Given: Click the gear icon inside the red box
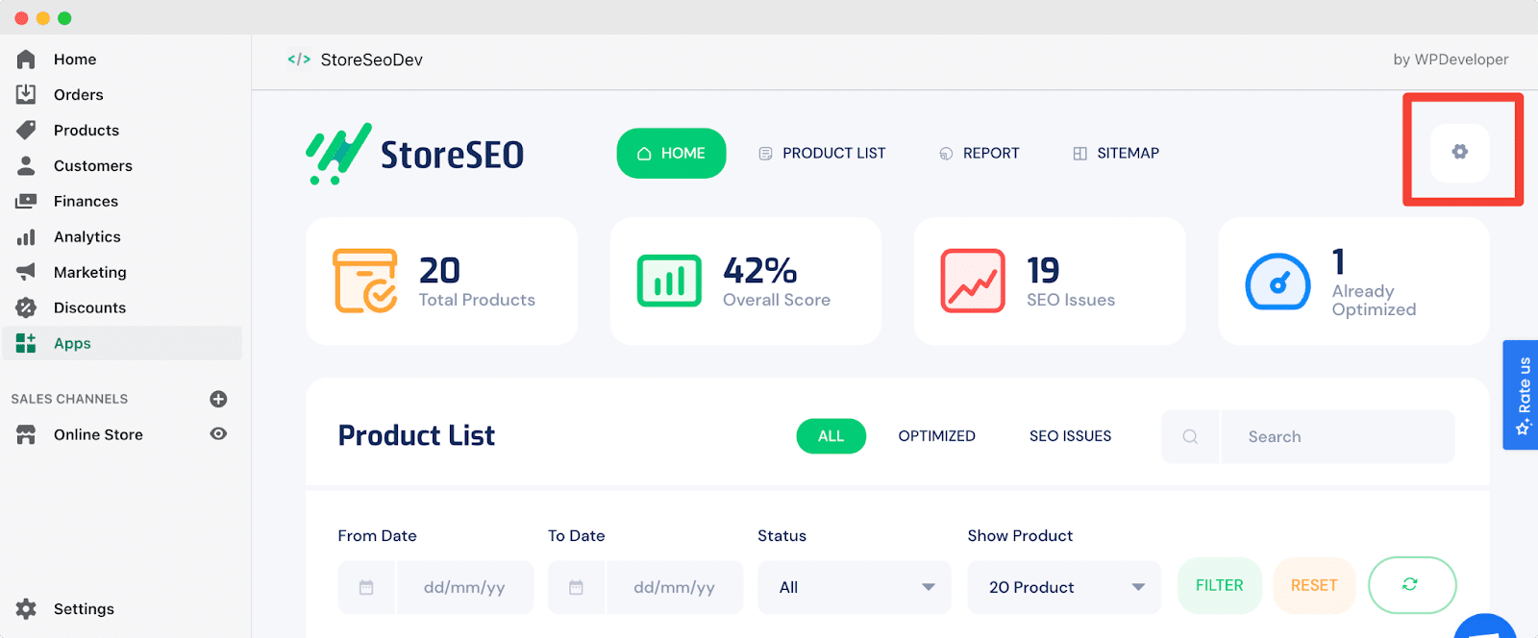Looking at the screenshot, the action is point(1460,152).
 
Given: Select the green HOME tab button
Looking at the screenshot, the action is point(671,153).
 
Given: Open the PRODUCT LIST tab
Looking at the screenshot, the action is point(822,153).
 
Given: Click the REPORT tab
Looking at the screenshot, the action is point(980,153).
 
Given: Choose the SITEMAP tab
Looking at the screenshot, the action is point(1116,153).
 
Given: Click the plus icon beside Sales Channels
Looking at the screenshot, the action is point(218,399).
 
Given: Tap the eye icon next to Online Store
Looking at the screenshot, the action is point(218,433).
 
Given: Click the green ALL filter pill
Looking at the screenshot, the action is point(831,435).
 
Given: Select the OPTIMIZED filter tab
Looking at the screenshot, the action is point(936,435).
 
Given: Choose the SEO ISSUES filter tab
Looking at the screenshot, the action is point(1070,435).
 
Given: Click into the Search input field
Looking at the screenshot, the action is point(1337,436).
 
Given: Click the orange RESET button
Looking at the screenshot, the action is point(1314,585).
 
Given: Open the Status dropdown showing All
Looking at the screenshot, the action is point(855,587).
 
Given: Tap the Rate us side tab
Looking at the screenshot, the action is point(1521,395).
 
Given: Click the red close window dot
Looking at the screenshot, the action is point(21,18).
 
